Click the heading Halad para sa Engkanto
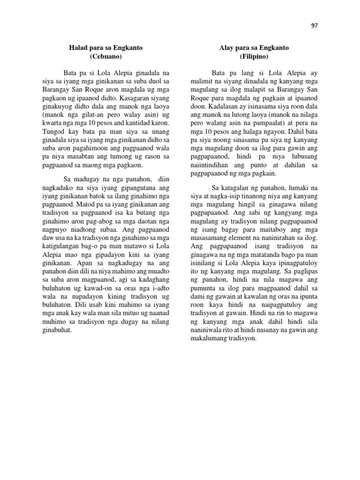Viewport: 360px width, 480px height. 106,48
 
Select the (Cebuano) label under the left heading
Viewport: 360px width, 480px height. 105,57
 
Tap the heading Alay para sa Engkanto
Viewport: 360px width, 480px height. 254,48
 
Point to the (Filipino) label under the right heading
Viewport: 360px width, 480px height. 254,57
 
